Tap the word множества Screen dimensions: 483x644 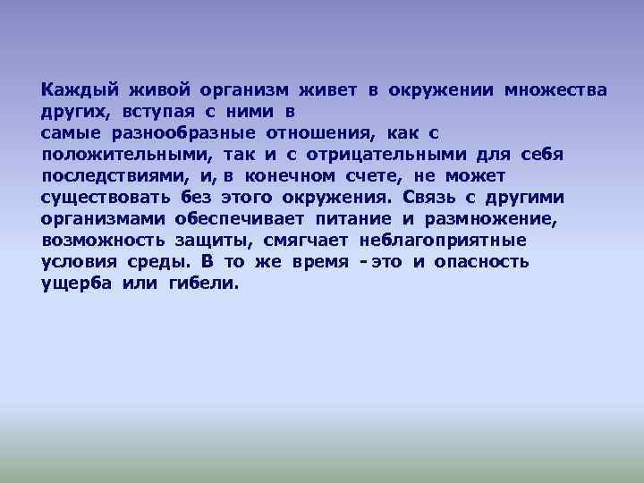[x=555, y=90]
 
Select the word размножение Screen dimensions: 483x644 [x=484, y=219]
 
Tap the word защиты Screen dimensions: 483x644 [x=219, y=241]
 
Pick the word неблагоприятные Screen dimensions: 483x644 [x=443, y=241]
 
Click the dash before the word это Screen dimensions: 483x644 [x=361, y=262]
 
